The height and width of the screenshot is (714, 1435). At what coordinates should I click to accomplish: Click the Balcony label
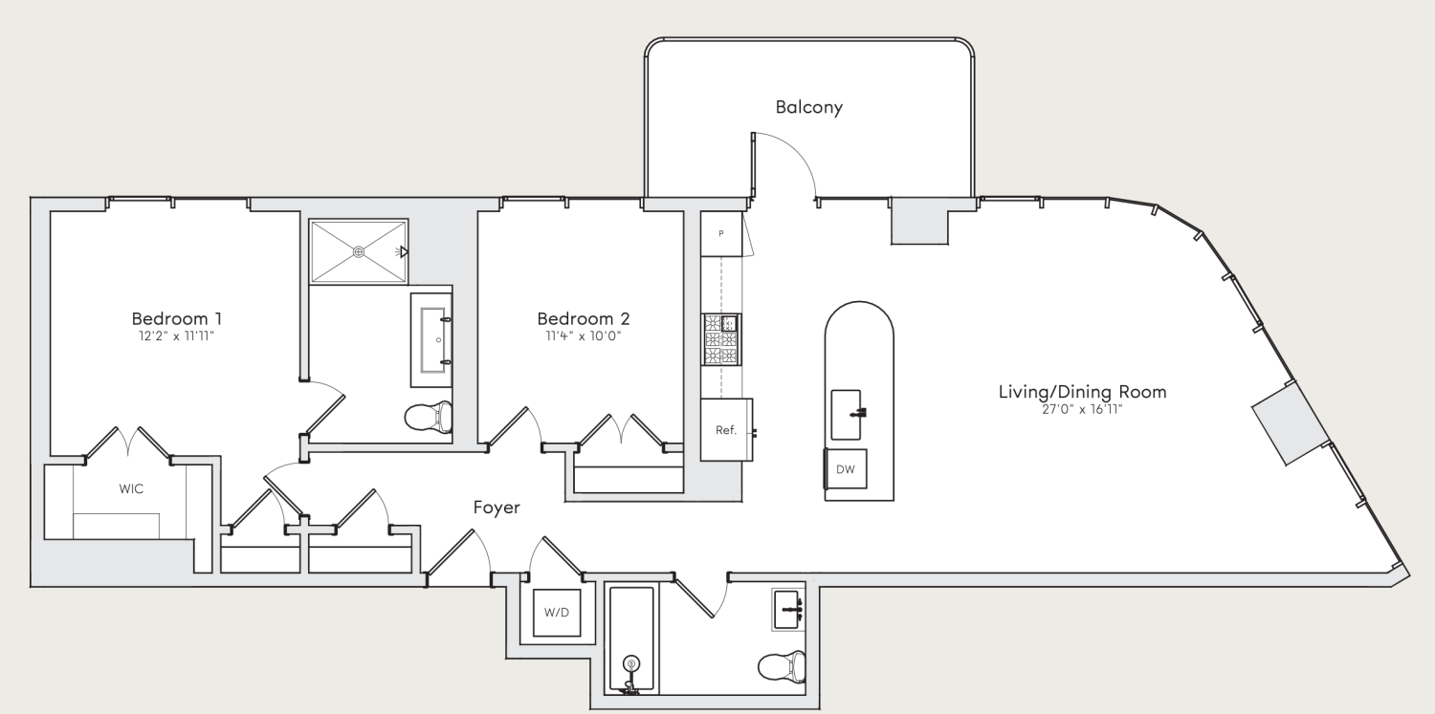click(808, 107)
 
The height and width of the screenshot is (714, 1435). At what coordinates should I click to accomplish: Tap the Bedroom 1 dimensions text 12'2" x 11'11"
click(177, 335)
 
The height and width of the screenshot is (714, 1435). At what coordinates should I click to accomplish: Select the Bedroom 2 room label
click(583, 318)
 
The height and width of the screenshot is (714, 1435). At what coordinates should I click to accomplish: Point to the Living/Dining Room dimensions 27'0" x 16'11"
click(1082, 409)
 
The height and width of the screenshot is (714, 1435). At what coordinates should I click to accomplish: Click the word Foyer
click(497, 508)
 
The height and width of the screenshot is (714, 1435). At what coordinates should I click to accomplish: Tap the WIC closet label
click(131, 488)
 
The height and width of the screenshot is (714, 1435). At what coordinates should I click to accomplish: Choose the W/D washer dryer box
click(557, 612)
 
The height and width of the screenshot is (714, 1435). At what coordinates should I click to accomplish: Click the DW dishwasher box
click(846, 469)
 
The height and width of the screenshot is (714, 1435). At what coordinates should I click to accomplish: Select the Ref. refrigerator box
click(726, 429)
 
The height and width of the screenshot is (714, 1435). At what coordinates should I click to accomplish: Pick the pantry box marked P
click(720, 233)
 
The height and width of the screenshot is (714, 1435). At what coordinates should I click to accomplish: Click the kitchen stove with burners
click(721, 339)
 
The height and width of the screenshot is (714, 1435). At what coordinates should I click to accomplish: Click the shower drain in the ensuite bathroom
click(359, 251)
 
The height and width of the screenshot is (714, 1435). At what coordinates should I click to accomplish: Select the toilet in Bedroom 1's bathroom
click(428, 417)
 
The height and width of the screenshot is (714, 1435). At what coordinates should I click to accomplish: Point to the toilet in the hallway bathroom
click(782, 664)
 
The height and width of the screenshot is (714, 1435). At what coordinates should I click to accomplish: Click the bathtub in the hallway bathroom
click(631, 638)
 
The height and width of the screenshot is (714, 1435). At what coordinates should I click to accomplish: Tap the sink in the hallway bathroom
click(789, 609)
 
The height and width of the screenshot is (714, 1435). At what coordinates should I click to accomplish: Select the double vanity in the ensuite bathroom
click(431, 339)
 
